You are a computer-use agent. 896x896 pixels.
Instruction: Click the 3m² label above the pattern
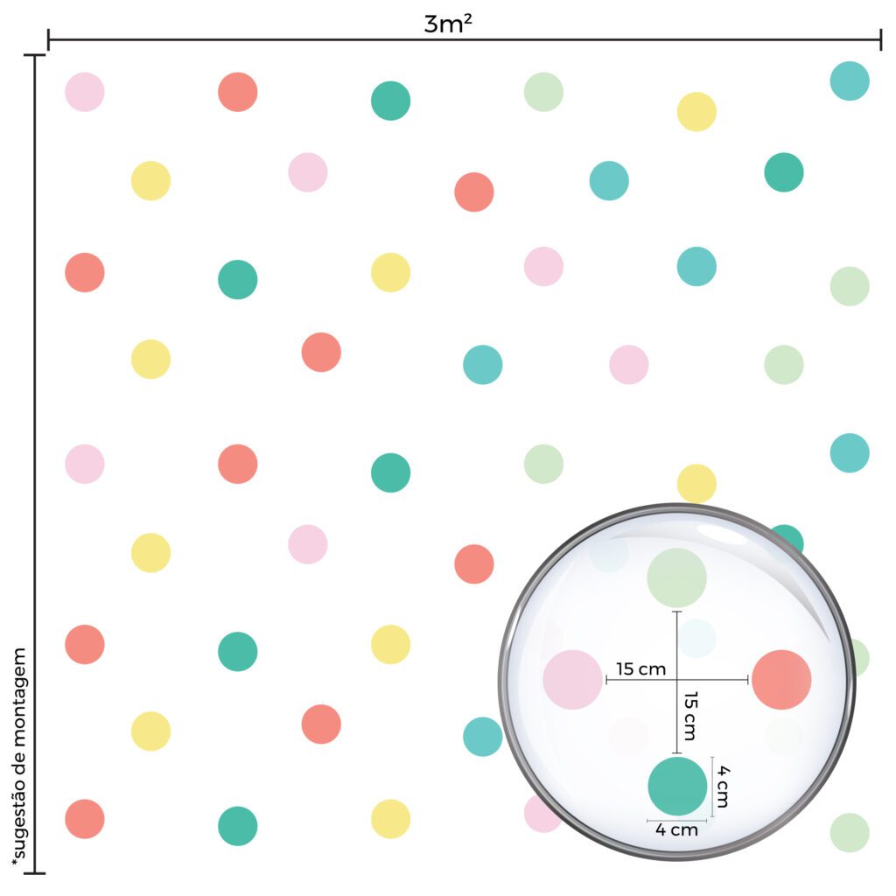pyautogui.click(x=449, y=24)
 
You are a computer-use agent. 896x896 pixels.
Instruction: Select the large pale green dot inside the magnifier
pyautogui.click(x=676, y=577)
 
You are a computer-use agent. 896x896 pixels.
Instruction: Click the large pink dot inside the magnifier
pyautogui.click(x=572, y=680)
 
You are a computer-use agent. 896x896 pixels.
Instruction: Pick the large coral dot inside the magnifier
pyautogui.click(x=781, y=680)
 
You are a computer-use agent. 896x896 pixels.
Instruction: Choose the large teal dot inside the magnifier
pyautogui.click(x=677, y=786)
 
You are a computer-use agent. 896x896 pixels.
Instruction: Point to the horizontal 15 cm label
pyautogui.click(x=640, y=669)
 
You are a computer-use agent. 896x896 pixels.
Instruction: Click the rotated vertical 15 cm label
pyautogui.click(x=689, y=715)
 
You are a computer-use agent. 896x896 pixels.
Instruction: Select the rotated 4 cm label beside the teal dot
pyautogui.click(x=723, y=786)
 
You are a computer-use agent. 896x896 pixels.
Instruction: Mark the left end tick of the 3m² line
pyautogui.click(x=49, y=39)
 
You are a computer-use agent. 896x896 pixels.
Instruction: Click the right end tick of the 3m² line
pyautogui.click(x=880, y=39)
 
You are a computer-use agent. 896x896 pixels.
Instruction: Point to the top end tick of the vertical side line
pyautogui.click(x=35, y=55)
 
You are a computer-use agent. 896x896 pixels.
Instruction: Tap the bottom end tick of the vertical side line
pyautogui.click(x=35, y=872)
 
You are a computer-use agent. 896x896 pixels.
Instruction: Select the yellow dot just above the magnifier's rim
pyautogui.click(x=696, y=482)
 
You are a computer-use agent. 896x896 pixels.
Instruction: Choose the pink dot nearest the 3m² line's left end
pyautogui.click(x=85, y=92)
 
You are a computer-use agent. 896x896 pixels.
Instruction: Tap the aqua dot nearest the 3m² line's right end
pyautogui.click(x=850, y=81)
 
